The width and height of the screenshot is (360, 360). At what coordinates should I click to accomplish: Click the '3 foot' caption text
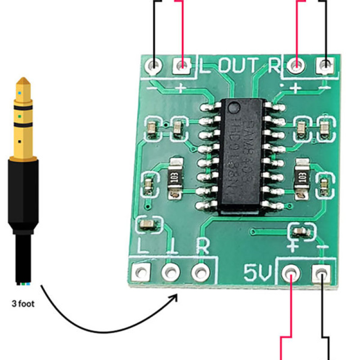click(x=23, y=304)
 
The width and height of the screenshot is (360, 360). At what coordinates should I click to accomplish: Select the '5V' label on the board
click(x=257, y=272)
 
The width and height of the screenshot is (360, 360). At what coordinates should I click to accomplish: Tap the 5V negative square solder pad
click(x=320, y=272)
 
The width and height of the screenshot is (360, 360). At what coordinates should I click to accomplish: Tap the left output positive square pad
click(x=182, y=66)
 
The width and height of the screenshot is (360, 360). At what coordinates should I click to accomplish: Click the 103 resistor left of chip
click(x=175, y=177)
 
